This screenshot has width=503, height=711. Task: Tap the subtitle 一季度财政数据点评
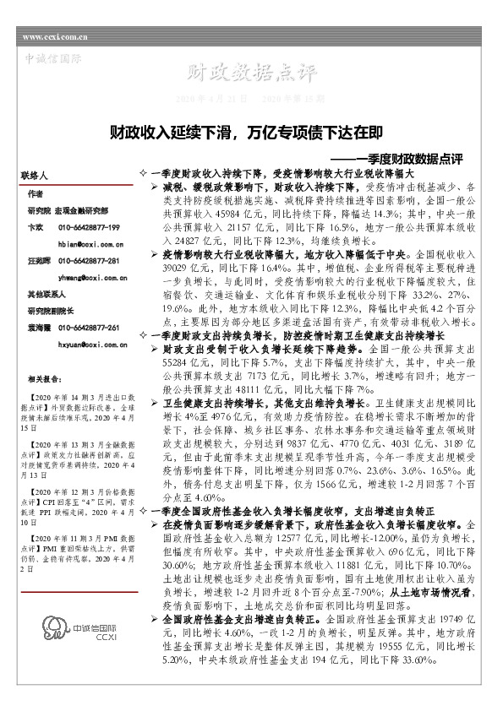tap(409, 158)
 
